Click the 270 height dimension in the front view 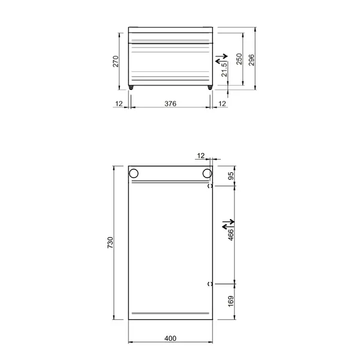tap(116, 61)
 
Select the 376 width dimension tap(170, 104)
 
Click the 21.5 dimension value tap(224, 70)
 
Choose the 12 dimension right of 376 tap(223, 104)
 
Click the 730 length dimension tap(110, 243)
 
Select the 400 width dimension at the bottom tap(170, 338)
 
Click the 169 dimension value tap(230, 301)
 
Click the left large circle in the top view tap(134, 173)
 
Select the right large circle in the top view tap(207, 173)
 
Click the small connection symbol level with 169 tap(209, 283)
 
